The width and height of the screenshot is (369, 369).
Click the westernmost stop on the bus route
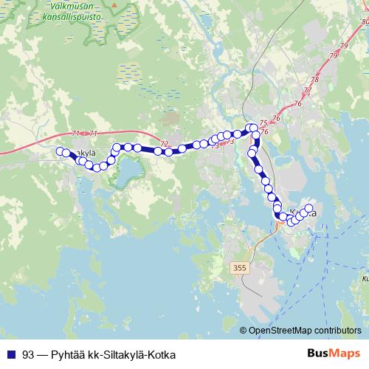[x=61, y=151]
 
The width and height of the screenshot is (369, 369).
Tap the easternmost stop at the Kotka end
[x=309, y=208]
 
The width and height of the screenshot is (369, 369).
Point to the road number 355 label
[x=238, y=266]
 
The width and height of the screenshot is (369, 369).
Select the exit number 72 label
[x=164, y=143]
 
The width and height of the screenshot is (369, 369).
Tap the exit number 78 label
[x=315, y=80]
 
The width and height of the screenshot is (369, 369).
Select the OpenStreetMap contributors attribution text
[x=306, y=331]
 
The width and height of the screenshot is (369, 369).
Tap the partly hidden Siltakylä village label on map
[x=83, y=152]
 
